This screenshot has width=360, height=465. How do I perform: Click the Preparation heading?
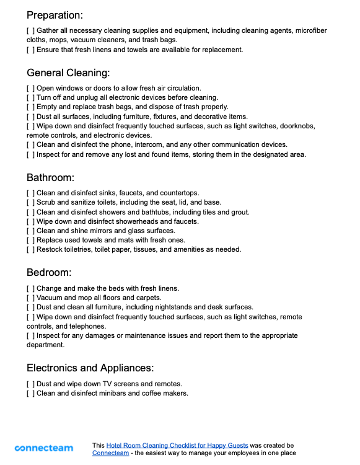tap(55, 15)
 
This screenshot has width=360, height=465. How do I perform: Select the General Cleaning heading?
tap(68, 73)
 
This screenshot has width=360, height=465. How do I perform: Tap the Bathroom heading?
tap(50, 178)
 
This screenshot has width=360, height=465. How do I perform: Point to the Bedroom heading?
tap(49, 273)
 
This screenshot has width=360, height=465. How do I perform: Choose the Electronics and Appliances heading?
tap(90, 368)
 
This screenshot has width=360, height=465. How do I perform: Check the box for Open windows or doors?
tap(31, 88)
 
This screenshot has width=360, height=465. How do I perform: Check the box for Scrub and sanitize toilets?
tap(31, 203)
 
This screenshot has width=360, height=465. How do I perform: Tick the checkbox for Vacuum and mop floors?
tap(31, 298)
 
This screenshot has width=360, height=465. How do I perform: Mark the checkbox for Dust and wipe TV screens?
tap(31, 384)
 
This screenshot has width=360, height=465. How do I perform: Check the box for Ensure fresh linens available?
tap(31, 50)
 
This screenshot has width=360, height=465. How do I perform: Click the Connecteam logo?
tap(44, 448)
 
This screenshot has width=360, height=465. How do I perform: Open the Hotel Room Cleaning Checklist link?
tap(177, 445)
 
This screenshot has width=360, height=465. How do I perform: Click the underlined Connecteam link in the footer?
tap(111, 453)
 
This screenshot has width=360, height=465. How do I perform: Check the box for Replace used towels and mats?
tap(31, 240)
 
